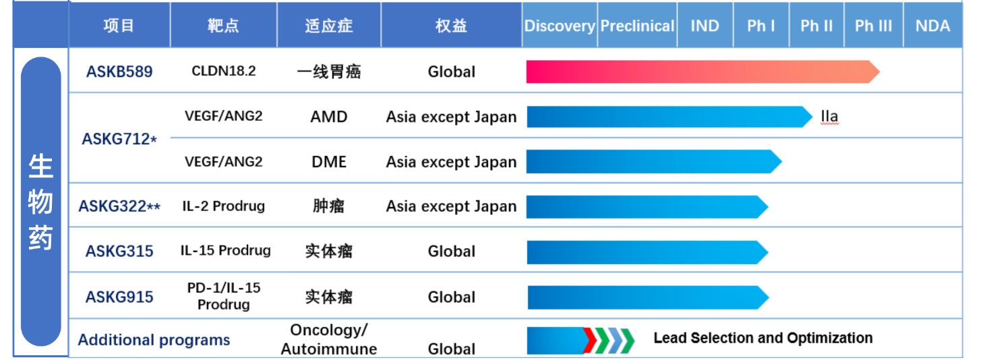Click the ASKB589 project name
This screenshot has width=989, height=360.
119,71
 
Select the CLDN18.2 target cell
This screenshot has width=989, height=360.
224,71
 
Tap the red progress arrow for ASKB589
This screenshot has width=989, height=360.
702,71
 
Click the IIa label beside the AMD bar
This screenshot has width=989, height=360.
829,116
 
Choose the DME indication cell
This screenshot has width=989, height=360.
329,162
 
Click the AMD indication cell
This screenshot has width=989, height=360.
329,117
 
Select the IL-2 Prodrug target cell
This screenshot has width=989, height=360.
223,206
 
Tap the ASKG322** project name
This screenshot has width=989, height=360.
119,206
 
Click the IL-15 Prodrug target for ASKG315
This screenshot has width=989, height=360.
225,251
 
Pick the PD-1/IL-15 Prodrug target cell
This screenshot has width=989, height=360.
224,296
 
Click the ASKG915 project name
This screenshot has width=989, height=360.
119,297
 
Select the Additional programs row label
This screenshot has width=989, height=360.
154,340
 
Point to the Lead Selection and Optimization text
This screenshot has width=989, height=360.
762,338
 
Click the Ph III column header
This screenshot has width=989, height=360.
873,26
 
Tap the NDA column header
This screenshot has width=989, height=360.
932,26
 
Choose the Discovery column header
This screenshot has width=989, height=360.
560,26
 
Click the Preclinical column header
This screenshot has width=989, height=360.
637,26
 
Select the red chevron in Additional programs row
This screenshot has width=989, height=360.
590,340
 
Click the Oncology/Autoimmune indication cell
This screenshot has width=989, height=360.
329,339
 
